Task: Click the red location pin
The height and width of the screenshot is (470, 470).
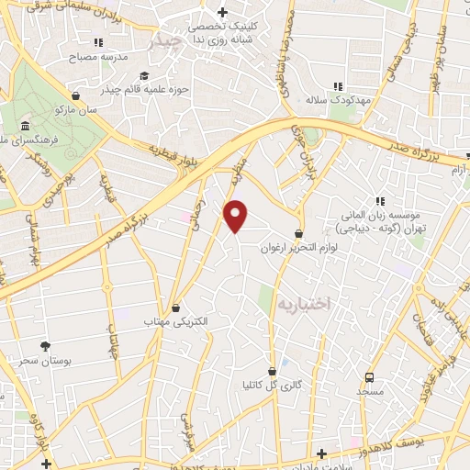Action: pyautogui.click(x=236, y=216)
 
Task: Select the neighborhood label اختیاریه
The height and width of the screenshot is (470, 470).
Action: pyautogui.click(x=303, y=302)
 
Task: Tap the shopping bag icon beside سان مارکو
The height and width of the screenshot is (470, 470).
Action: pyautogui.click(x=74, y=95)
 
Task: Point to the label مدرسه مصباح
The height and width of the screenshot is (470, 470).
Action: pyautogui.click(x=98, y=57)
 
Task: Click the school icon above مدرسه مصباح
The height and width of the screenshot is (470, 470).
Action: pyautogui.click(x=99, y=42)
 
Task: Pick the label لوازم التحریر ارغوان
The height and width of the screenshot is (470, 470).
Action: pyautogui.click(x=298, y=248)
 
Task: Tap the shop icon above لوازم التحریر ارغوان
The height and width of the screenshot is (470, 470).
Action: pyautogui.click(x=298, y=233)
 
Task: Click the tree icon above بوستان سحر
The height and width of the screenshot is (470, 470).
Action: pyautogui.click(x=45, y=345)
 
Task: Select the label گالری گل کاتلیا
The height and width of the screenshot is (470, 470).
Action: pyautogui.click(x=272, y=384)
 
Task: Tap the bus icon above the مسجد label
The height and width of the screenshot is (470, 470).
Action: pyautogui.click(x=369, y=376)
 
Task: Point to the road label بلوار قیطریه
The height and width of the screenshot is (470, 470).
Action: pyautogui.click(x=171, y=153)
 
